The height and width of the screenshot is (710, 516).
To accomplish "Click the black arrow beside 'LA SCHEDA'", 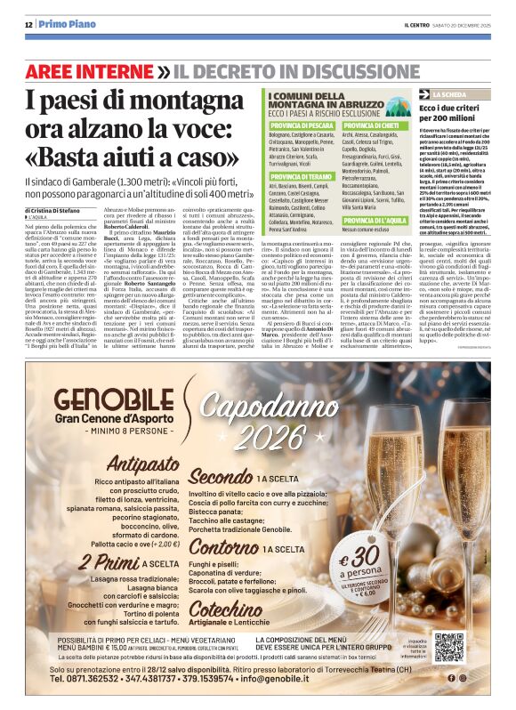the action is [x=437, y=93].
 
